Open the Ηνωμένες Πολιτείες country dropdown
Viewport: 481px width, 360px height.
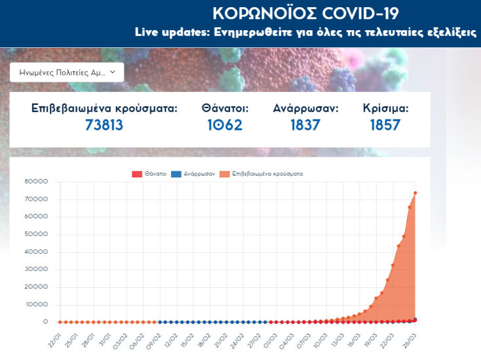tap(67, 72)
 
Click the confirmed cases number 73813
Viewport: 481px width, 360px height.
tap(104, 125)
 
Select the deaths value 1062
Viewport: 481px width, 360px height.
tap(222, 125)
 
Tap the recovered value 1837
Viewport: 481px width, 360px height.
tap(305, 125)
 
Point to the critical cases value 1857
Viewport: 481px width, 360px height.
tap(385, 125)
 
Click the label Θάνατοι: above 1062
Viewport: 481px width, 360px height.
tap(225, 108)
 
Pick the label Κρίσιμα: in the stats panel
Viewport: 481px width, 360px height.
tap(385, 108)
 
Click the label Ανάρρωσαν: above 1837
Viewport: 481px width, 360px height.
tap(305, 108)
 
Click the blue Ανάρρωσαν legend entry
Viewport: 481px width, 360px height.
tap(196, 174)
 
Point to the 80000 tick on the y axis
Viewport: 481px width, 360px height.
tap(36, 182)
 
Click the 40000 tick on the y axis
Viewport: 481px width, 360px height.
tap(36, 252)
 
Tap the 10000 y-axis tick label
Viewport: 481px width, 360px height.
tap(36, 305)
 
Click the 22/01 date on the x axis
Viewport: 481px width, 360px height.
tap(54, 342)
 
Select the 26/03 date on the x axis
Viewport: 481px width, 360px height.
tap(410, 342)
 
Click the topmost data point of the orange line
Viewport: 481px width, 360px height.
tap(415, 193)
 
